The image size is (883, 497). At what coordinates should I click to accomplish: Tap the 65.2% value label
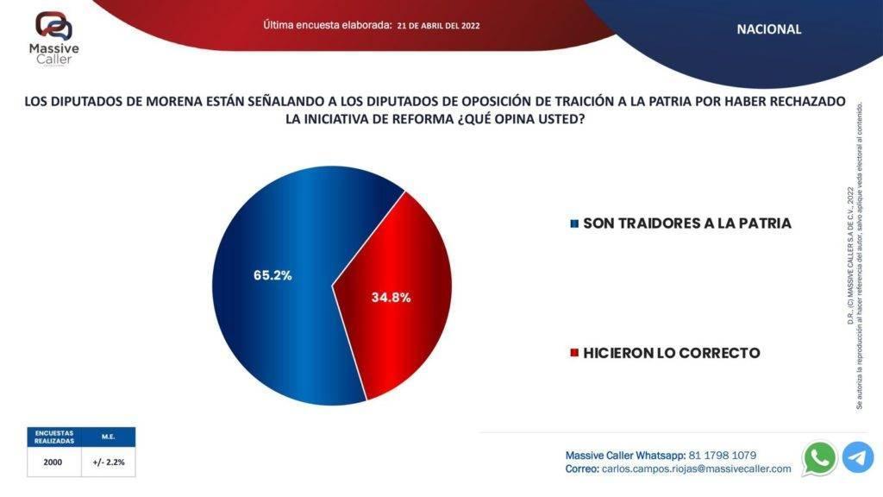272,275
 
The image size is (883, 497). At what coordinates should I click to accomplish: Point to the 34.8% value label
391,297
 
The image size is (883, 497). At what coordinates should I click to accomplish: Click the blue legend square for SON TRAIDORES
574,223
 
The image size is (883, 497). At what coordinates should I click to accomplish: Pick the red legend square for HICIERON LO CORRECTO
574,354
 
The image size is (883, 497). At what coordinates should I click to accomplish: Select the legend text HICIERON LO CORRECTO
671,353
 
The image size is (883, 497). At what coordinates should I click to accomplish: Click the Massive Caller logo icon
53,27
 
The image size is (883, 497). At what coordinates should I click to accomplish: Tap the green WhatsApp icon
819,457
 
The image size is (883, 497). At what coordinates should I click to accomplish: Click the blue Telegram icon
858,457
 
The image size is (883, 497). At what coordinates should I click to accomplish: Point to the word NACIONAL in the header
768,29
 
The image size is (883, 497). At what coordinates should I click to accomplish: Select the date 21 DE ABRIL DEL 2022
439,26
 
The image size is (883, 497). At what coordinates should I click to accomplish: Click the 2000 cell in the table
53,462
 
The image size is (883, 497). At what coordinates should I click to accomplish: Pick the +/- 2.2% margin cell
109,462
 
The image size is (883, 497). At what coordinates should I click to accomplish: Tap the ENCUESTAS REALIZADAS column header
53,437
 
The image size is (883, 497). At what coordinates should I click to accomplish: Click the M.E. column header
109,437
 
